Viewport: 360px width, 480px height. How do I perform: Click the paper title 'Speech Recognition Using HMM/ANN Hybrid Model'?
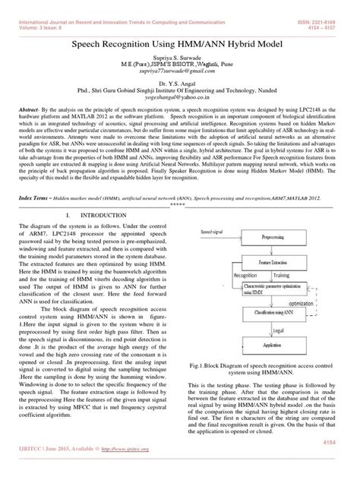pos(179,46)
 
